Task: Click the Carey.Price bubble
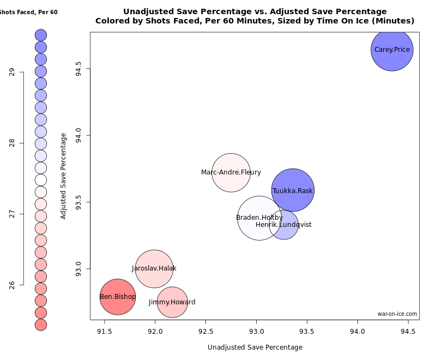392,50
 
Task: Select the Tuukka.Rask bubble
293,190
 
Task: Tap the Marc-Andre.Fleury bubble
231,172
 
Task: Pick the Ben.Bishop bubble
118,297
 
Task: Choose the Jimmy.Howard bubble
172,302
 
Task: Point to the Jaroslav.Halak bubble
154,268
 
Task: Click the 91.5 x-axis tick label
105,331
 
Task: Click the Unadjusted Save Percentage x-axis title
255,347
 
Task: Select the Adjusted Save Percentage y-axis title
63,176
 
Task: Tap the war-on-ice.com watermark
397,314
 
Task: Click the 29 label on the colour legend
12,72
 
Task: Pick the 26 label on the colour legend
12,285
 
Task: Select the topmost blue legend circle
41,35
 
